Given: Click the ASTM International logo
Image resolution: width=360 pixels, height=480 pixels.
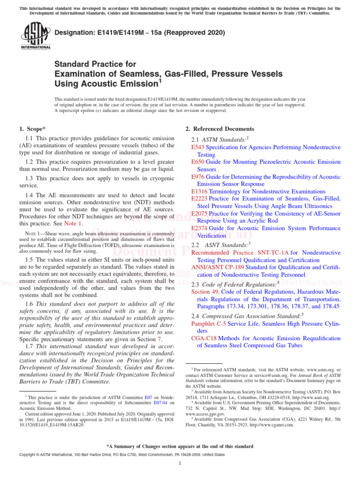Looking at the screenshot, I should pos(36,37).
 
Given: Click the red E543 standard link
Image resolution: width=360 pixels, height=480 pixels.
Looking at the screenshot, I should pos(198,147).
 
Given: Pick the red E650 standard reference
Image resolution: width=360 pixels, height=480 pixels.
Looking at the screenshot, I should pos(198,162).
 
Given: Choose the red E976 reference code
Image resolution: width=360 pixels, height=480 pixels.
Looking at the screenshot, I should pos(198,177).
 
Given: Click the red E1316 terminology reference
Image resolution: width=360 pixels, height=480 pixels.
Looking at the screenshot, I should pos(199,191).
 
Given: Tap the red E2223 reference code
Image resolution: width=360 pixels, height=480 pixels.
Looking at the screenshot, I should pos(199,199).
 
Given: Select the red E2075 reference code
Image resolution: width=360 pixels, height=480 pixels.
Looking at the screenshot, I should pos(199,213).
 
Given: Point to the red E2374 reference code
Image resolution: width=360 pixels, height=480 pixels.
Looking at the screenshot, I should pos(199,228).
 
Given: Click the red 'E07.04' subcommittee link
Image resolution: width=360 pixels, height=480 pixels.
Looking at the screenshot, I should pos(160,402).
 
